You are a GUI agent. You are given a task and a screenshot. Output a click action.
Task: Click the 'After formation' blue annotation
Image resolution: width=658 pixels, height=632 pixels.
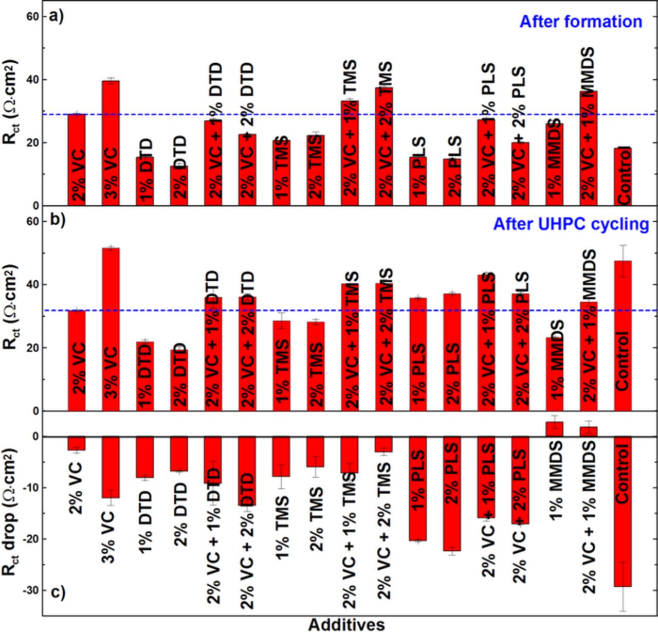(x=580, y=22)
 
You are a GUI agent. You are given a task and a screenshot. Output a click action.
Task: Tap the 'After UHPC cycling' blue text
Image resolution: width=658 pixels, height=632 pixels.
(x=571, y=224)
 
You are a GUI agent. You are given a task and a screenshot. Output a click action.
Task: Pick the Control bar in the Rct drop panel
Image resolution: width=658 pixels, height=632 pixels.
(x=623, y=511)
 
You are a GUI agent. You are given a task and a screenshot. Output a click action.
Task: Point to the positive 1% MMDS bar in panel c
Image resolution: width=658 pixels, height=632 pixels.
(x=555, y=429)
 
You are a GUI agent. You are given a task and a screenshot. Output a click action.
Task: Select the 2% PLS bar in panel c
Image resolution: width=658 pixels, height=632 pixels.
(x=452, y=494)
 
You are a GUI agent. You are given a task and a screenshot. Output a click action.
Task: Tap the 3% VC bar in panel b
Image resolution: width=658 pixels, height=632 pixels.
(x=111, y=329)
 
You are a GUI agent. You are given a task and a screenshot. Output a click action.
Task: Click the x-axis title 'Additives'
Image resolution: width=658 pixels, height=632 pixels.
(x=346, y=624)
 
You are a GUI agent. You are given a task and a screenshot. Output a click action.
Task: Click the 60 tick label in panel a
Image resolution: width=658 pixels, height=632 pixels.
(x=32, y=16)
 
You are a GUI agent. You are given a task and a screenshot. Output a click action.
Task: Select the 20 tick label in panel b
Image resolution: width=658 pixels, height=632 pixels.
(x=32, y=348)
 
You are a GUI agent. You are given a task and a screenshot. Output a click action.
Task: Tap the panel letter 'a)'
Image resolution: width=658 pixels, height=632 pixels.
(x=56, y=17)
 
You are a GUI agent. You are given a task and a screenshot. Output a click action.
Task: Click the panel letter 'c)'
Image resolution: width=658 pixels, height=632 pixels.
(x=56, y=592)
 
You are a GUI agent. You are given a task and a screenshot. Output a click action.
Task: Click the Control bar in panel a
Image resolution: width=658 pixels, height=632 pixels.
(x=623, y=176)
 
